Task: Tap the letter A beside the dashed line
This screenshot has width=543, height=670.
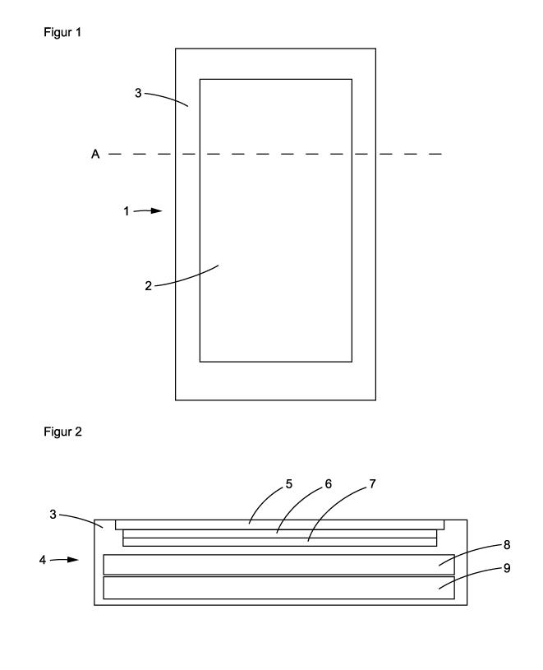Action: (95, 154)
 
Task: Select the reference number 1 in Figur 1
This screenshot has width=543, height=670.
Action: (127, 211)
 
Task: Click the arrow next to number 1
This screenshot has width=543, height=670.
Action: (150, 211)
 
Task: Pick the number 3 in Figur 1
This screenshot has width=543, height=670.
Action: (139, 94)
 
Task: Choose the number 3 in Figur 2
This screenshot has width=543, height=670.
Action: (52, 514)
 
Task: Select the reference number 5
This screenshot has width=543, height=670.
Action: (289, 484)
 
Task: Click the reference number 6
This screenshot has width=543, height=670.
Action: (329, 484)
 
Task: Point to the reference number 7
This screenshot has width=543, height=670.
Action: (371, 484)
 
